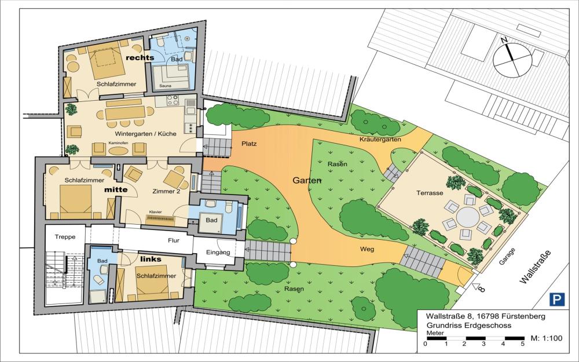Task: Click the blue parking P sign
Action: tap(557, 299)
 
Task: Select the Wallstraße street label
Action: tap(535, 266)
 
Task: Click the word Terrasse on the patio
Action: tap(430, 193)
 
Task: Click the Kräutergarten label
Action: tap(380, 139)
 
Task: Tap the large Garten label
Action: tap(306, 180)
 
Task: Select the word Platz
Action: tap(249, 143)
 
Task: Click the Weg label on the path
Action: tap(367, 249)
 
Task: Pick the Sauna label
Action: tap(165, 86)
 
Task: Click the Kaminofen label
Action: tap(118, 142)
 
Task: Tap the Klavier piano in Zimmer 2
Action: tap(160, 220)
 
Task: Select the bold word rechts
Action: tap(140, 57)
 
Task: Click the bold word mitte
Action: tap(116, 189)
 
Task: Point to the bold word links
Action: tap(151, 259)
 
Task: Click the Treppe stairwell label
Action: tap(65, 237)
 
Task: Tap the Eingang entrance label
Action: tap(218, 253)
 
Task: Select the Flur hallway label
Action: tap(174, 240)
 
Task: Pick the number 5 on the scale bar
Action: tap(522, 344)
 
